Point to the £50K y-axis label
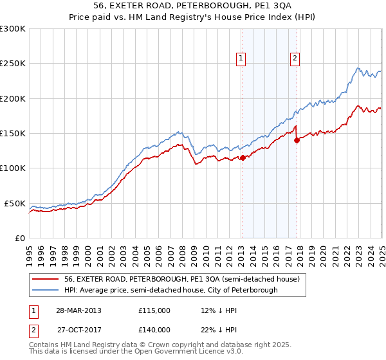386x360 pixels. pyautogui.click(x=15, y=203)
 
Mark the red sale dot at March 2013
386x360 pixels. pyautogui.click(x=243, y=157)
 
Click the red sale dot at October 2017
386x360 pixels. pyautogui.click(x=297, y=140)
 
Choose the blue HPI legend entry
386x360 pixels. pyautogui.click(x=170, y=290)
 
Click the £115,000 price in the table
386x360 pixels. pyautogui.click(x=154, y=310)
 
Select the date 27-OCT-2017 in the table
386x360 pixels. pyautogui.click(x=77, y=330)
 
